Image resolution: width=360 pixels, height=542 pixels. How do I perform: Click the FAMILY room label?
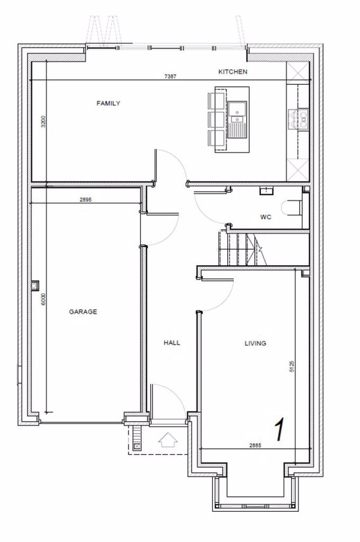click(x=108, y=103)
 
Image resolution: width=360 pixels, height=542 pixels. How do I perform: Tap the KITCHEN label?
click(x=233, y=71)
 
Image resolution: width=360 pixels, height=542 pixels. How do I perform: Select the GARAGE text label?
click(x=83, y=312)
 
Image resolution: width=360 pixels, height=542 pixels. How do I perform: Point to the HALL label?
click(x=172, y=343)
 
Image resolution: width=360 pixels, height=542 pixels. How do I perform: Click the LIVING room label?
click(x=255, y=344)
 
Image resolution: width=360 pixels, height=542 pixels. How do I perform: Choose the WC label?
click(x=266, y=217)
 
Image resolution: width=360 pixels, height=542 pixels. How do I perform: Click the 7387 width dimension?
click(x=170, y=77)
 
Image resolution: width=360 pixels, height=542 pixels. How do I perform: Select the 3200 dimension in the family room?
click(x=44, y=121)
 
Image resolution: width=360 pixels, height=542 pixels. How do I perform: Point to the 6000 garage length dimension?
click(x=44, y=299)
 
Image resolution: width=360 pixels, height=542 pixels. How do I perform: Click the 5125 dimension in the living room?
click(x=292, y=367)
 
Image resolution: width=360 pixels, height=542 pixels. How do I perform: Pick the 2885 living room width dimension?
click(x=255, y=446)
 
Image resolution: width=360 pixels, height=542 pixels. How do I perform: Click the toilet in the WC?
click(x=292, y=208)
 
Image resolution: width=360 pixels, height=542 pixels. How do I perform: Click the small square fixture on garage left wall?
click(x=35, y=286)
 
